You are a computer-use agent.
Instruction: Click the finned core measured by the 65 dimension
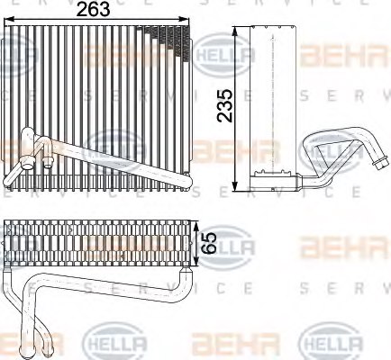click(99, 244)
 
